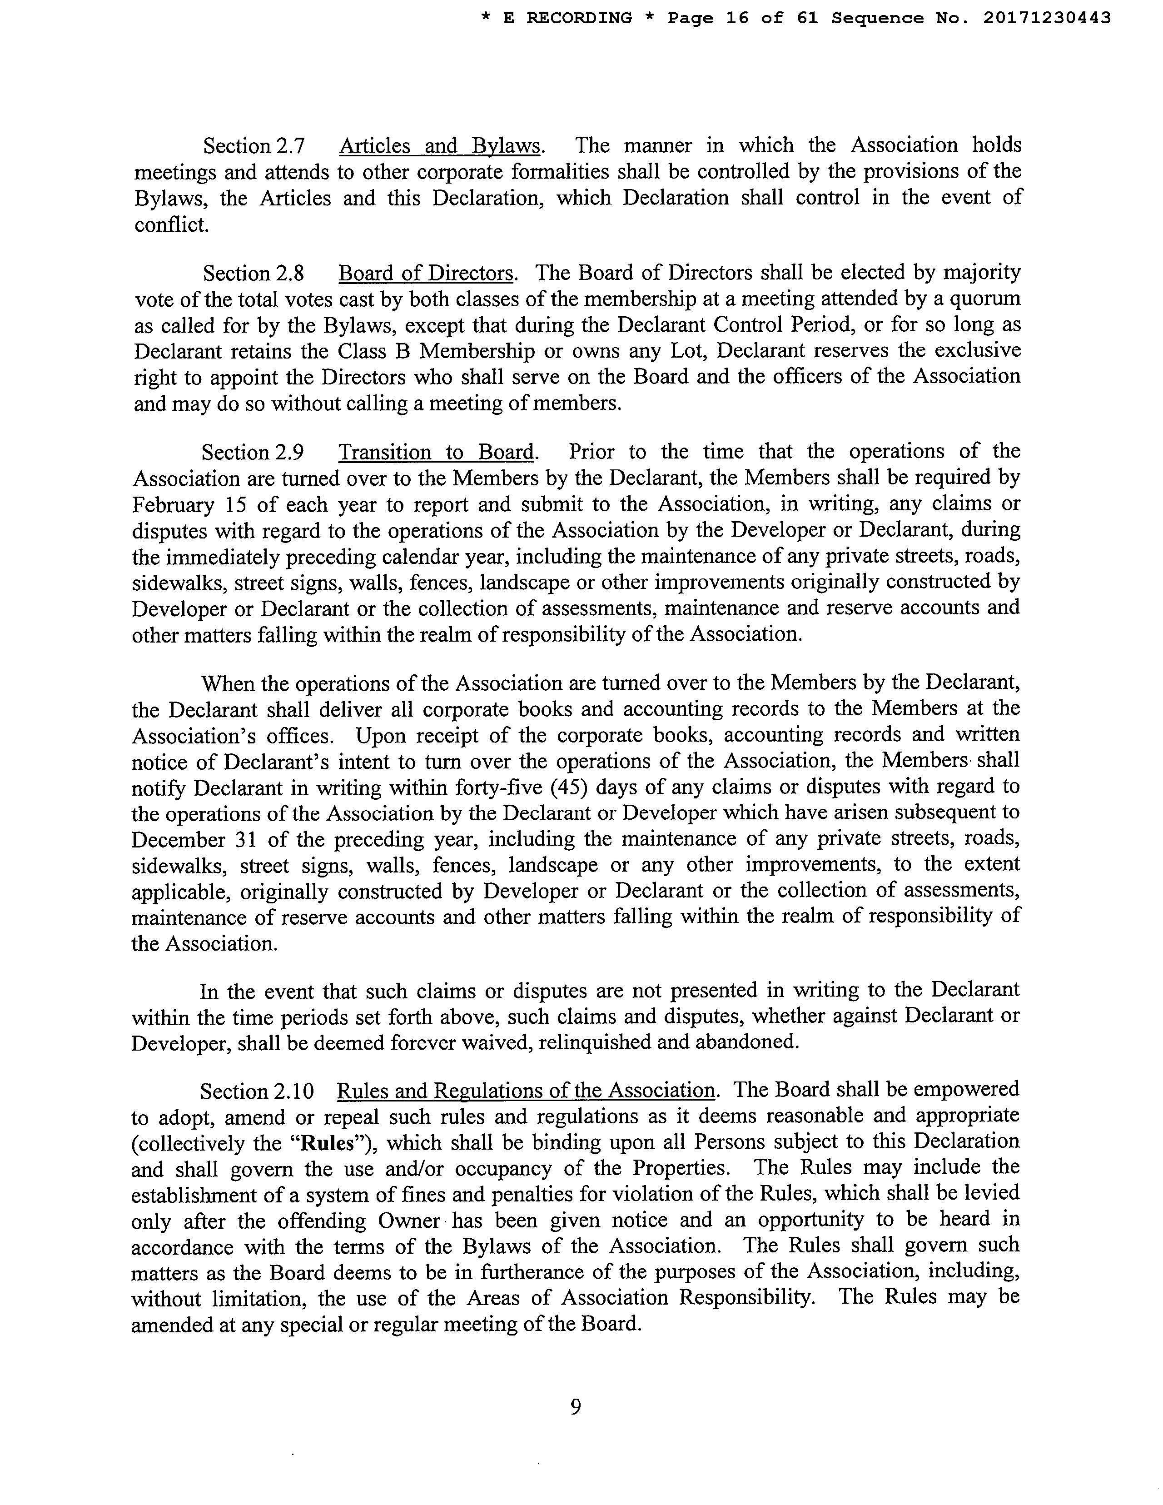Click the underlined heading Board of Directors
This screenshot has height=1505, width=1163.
[426, 274]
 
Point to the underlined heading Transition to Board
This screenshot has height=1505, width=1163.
[437, 452]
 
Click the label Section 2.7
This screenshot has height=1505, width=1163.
[253, 146]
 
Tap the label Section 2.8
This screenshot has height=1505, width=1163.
[253, 274]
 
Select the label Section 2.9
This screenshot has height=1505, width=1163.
[252, 452]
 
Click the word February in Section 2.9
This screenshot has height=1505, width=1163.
[173, 504]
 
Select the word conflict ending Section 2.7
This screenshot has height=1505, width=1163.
[170, 224]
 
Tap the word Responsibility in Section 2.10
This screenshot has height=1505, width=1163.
[746, 1298]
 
